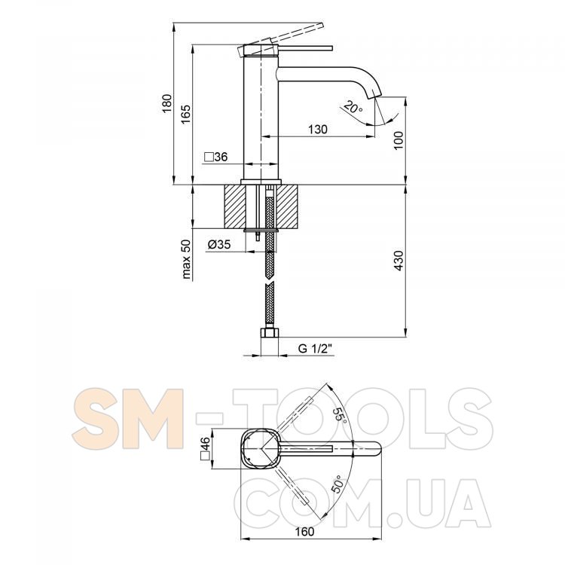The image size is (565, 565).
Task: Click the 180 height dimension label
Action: click(x=167, y=103)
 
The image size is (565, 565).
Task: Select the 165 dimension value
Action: click(x=186, y=114)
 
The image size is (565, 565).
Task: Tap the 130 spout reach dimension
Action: click(x=318, y=130)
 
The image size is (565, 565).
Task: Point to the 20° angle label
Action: click(x=353, y=107)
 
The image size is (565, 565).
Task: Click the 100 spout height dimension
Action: click(x=399, y=141)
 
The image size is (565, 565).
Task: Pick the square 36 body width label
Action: click(x=216, y=157)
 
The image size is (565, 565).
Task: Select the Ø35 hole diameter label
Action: click(x=219, y=244)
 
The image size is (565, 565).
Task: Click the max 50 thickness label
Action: click(x=186, y=259)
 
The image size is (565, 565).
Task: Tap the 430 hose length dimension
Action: click(x=399, y=261)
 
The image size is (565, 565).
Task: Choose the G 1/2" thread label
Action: click(x=315, y=349)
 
